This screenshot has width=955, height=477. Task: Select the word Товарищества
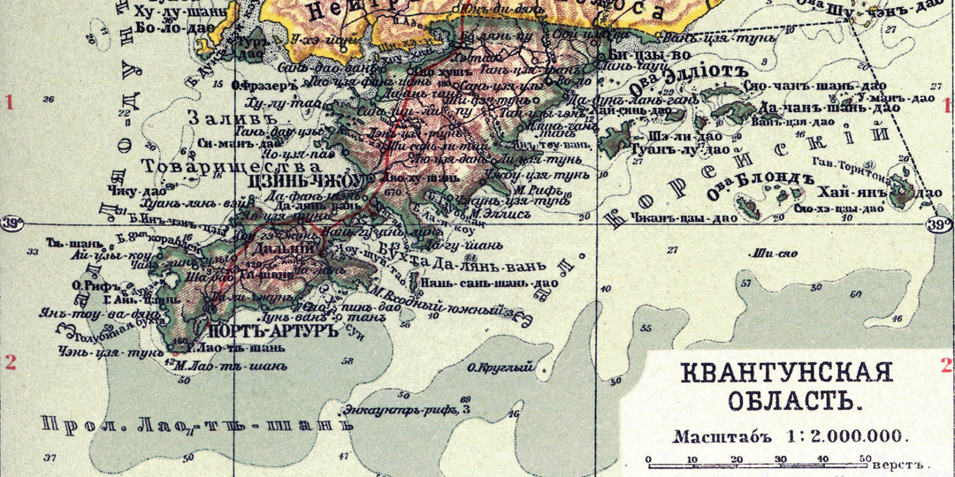tap(257, 164)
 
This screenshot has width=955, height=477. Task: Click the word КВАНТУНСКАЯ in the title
tap(786, 373)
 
